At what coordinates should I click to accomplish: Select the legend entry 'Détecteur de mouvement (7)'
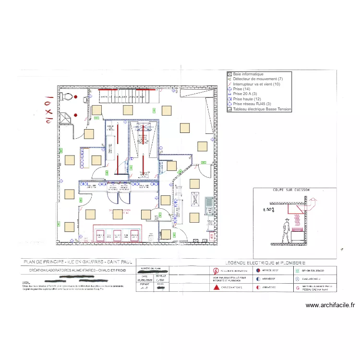pyautogui.click(x=258, y=79)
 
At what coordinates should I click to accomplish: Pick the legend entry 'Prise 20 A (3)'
pyautogui.click(x=245, y=94)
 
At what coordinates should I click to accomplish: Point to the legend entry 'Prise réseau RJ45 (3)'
pyautogui.click(x=252, y=104)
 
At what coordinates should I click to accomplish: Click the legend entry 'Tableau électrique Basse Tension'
pyautogui.click(x=262, y=109)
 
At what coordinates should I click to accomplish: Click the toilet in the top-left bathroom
pyautogui.click(x=69, y=97)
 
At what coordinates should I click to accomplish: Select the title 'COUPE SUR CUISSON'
pyautogui.click(x=291, y=190)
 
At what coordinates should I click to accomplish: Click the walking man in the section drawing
pyautogui.click(x=287, y=231)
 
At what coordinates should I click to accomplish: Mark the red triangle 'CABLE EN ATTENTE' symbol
pyautogui.click(x=216, y=288)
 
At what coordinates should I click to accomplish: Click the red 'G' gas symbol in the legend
pyautogui.click(x=298, y=287)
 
